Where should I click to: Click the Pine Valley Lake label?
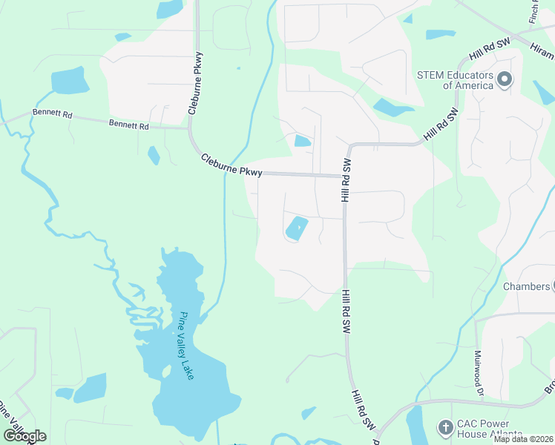(x=185, y=346)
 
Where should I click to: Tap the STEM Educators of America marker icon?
(x=505, y=79)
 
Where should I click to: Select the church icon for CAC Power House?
(x=445, y=427)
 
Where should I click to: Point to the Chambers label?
(x=526, y=286)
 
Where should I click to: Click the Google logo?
(x=24, y=436)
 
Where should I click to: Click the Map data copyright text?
(x=524, y=439)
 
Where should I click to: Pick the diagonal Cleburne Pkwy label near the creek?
(x=231, y=165)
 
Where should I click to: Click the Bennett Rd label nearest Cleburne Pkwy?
(x=128, y=125)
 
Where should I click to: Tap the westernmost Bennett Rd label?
(x=52, y=114)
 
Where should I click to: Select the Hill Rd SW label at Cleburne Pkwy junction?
(x=345, y=180)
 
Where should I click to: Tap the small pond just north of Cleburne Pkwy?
(x=302, y=140)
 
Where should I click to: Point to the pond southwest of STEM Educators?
(x=392, y=108)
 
